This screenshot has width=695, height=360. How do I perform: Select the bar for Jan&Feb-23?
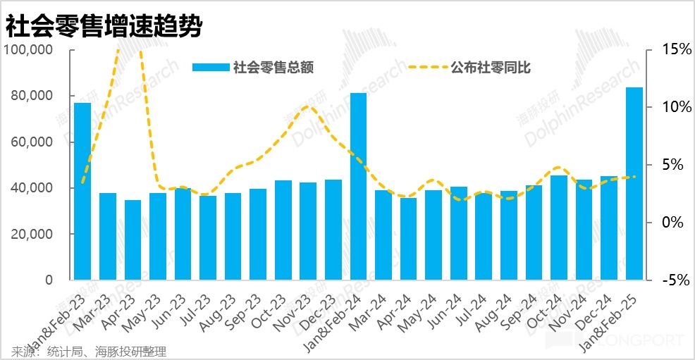pyautogui.click(x=82, y=190)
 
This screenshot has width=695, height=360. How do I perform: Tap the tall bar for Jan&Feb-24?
pyautogui.click(x=358, y=186)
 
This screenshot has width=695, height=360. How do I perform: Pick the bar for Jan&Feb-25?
pyautogui.click(x=634, y=183)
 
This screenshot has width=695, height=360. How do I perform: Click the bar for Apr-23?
pyautogui.click(x=133, y=240)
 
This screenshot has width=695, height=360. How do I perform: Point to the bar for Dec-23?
pyautogui.click(x=333, y=229)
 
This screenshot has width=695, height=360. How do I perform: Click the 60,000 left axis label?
pyautogui.click(x=32, y=142)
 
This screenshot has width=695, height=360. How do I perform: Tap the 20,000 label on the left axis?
pyautogui.click(x=32, y=234)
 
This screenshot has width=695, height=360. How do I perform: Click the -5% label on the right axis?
pyautogui.click(x=676, y=280)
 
